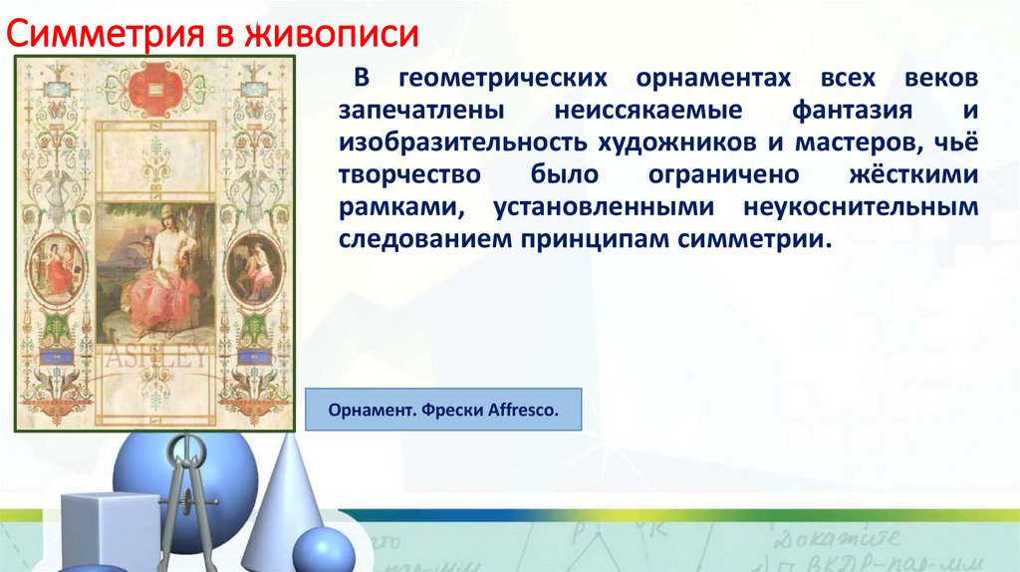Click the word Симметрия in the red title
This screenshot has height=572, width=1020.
click(107, 34)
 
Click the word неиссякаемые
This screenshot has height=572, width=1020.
click(647, 111)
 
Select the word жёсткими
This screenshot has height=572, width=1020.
click(913, 175)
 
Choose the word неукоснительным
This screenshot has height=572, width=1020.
click(861, 207)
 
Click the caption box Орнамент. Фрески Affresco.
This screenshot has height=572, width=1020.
click(443, 410)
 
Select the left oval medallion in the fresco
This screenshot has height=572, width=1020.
click(57, 266)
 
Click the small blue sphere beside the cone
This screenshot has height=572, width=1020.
click(324, 551)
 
